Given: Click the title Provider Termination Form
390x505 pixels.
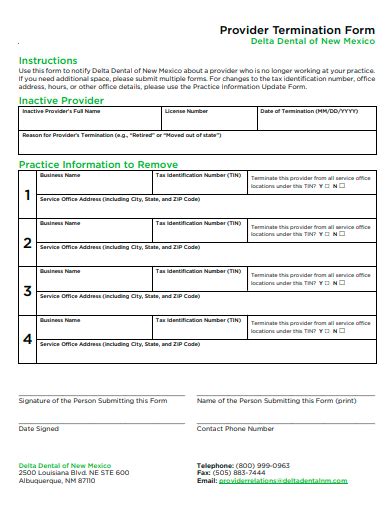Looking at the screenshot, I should [x=297, y=30].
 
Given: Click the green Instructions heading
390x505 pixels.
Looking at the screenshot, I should [x=47, y=60].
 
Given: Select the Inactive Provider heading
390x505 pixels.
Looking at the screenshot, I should [x=61, y=101].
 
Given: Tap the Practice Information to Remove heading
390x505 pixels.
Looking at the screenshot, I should [x=98, y=164].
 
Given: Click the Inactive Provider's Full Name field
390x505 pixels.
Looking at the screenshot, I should [x=89, y=120].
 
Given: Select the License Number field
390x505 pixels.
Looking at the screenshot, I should [x=207, y=120].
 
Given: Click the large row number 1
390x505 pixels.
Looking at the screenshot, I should [x=27, y=194].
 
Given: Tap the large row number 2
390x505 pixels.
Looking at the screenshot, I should [x=27, y=242].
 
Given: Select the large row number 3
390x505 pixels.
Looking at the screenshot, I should [x=27, y=291].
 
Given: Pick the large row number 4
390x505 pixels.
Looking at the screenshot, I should [x=27, y=340].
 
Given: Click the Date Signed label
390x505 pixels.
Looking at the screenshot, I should [x=39, y=428].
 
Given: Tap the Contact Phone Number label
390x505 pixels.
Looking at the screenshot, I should [x=235, y=428].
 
